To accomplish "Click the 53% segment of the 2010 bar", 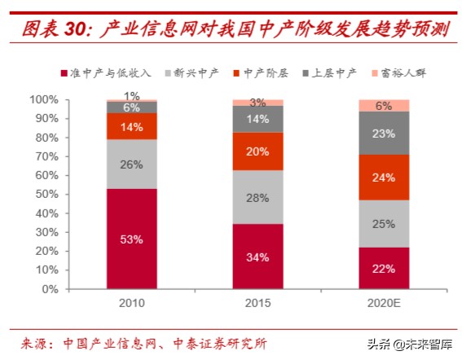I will coord(132,239).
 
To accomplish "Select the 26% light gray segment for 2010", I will coord(132,164).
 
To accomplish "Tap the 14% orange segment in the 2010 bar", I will coord(132,126).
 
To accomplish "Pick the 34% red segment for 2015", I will coord(257,257).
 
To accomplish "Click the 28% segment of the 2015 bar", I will coord(257,198).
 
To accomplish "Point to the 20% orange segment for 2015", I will coord(257,151).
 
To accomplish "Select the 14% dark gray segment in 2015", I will coord(257,119).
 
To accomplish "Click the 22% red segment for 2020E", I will coord(383,268).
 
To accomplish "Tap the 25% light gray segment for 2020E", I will coord(383,223).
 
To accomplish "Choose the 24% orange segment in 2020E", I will coord(383,177).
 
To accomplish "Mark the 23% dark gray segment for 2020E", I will coord(383,133).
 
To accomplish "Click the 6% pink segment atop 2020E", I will coord(383,105).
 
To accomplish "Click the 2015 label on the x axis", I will coord(257,303).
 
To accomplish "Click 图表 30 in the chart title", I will coord(53,31).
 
